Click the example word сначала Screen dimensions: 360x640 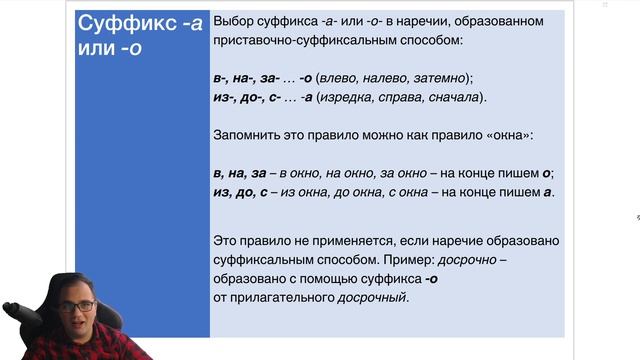(x=451, y=97)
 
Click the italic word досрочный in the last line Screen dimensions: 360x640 (x=372, y=298)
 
